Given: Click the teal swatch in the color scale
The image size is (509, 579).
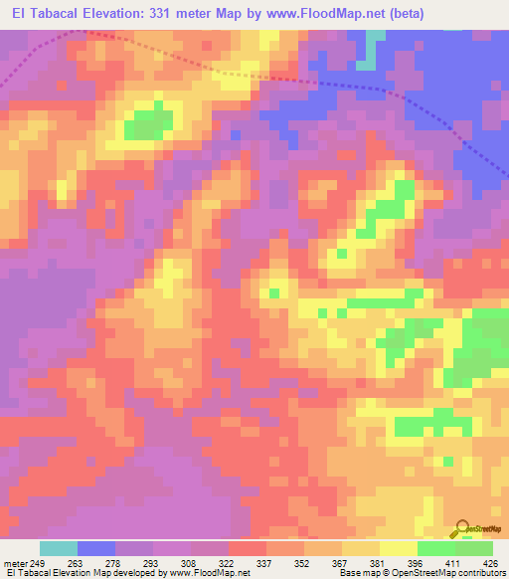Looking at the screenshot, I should [x=59, y=548].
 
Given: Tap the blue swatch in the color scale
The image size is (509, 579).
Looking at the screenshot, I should [x=96, y=548].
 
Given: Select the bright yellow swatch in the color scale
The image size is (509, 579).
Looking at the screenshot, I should [x=399, y=548].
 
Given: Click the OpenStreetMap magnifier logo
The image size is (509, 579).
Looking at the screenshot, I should [x=463, y=529].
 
